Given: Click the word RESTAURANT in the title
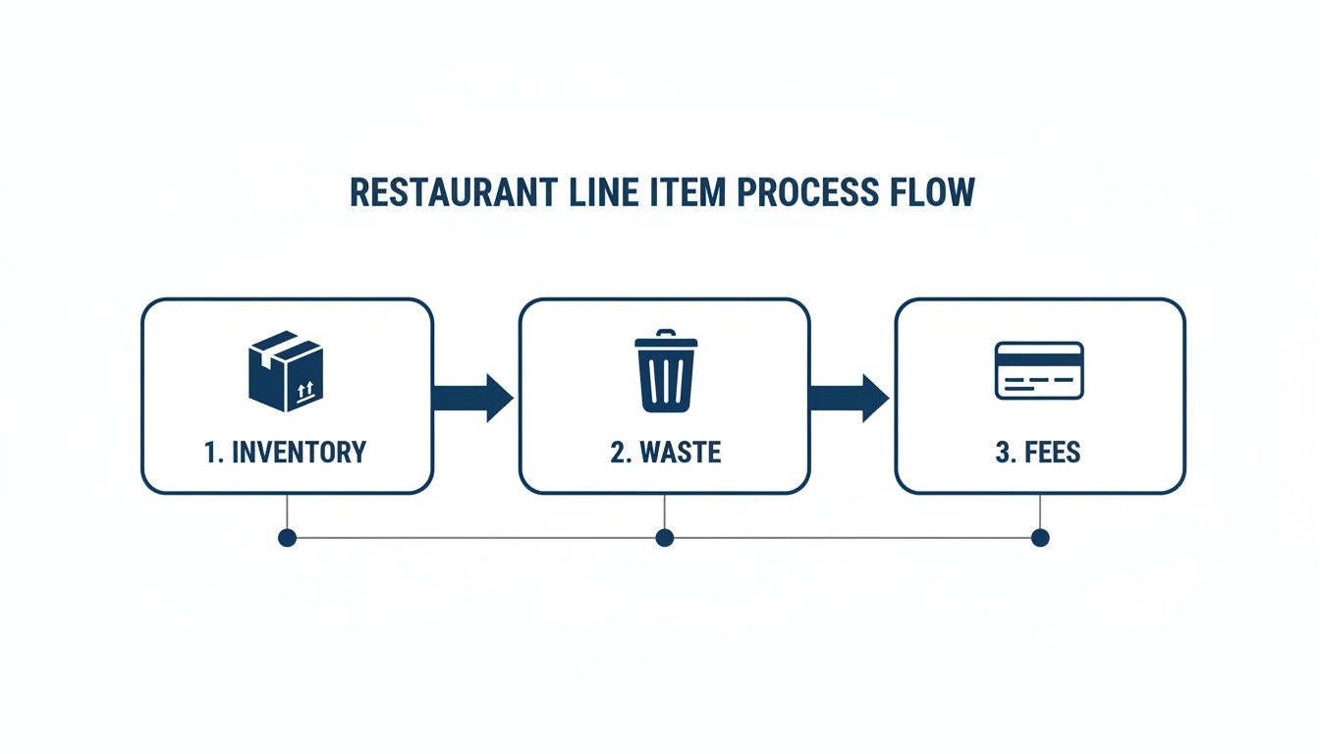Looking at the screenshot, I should pos(454,192).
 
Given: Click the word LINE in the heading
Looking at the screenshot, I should pos(603,192).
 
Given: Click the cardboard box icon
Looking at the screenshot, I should pos(286,370).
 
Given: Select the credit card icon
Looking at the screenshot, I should pos(1039,370).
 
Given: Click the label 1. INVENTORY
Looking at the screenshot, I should pos(286,453).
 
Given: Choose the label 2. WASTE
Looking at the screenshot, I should pos(666,453).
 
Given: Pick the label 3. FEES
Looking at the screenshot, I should pos(1039,453).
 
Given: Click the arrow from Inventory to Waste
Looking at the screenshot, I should pos(473,398).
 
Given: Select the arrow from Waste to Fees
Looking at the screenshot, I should pos(850,398).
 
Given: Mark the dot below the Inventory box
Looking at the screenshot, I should pos(287,537).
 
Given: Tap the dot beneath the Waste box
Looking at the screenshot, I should pos(665,537).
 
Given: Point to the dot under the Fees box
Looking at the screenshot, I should pos(1040,537).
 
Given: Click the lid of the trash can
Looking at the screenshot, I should pos(666,341).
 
